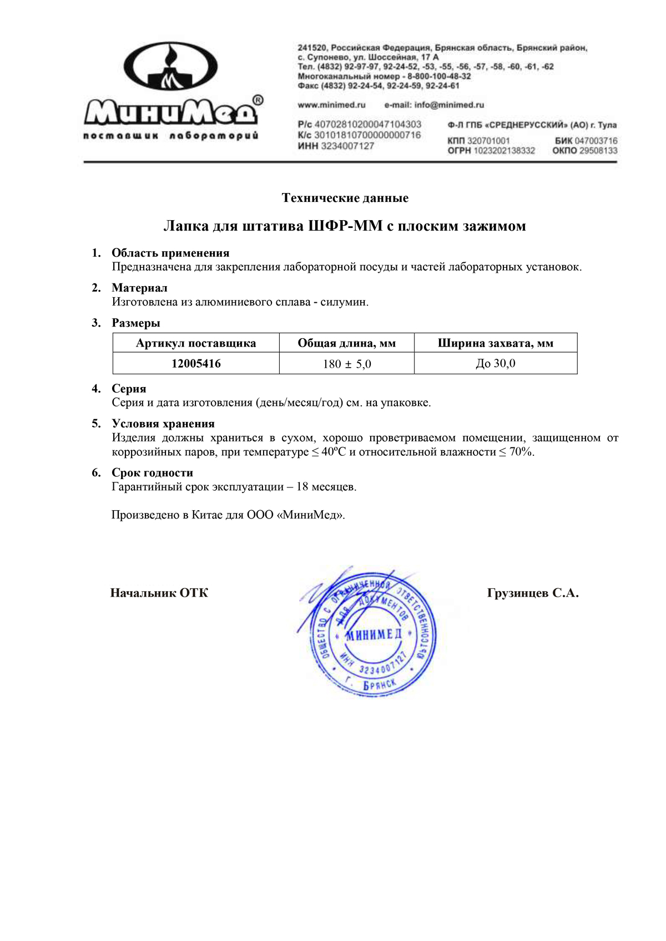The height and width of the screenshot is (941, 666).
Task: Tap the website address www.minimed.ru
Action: pos(331,105)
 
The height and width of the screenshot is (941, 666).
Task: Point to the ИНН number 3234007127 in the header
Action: pos(347,146)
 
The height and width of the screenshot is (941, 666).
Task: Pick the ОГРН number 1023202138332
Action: pos(504,151)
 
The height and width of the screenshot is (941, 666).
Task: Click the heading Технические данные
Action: pos(345,198)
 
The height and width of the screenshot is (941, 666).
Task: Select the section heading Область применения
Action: pos(170,253)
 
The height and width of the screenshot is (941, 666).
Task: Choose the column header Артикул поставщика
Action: pos(196,343)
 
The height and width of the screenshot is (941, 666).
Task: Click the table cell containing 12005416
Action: pos(196,364)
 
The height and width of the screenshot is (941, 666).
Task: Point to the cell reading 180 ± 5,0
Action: pos(347,364)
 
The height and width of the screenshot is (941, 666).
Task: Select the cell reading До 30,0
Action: pos(496,364)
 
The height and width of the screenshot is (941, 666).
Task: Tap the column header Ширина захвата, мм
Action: pos(496,343)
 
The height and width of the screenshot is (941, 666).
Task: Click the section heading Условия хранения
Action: pos(163,424)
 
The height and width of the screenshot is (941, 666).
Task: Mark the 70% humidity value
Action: pos(521,452)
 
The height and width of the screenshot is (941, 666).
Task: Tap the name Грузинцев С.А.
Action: pos(533,593)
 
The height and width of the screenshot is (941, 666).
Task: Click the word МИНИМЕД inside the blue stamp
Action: pos(374,635)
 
